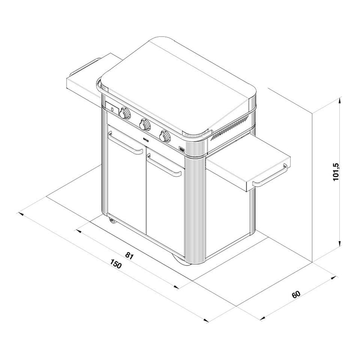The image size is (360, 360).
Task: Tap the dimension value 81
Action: [x=129, y=256]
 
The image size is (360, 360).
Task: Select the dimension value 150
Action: [x=115, y=264]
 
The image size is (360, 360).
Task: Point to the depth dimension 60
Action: [x=296, y=294]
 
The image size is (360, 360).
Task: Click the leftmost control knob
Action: [x=125, y=113]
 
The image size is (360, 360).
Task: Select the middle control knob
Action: [x=144, y=124]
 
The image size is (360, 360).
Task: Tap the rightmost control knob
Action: [x=165, y=136]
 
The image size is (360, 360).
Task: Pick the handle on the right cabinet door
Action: [x=164, y=165]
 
